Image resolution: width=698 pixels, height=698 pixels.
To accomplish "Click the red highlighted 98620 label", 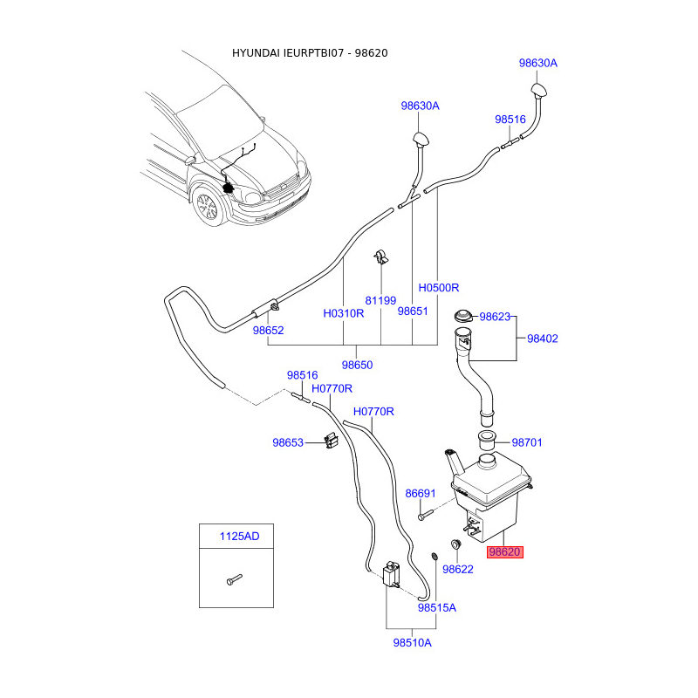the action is [x=505, y=552].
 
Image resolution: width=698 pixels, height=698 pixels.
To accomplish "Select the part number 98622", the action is [x=457, y=570].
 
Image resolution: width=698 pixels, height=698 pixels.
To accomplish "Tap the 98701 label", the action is [x=527, y=442].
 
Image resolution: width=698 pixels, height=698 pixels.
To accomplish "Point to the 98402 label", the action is [x=543, y=339].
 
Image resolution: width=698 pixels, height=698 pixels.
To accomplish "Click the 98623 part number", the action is [x=495, y=317].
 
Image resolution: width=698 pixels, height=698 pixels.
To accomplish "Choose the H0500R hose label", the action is [x=439, y=288].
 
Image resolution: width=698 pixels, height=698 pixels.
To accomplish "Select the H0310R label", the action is [x=343, y=313].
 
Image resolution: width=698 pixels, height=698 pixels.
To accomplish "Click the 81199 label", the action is [x=380, y=300].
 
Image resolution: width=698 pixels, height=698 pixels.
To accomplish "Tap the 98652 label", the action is [x=268, y=331].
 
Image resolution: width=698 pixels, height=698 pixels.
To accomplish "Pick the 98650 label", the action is [x=357, y=365].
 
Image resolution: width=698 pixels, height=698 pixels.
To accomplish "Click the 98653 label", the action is [x=288, y=442].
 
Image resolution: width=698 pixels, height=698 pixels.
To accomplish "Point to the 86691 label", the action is [x=421, y=493].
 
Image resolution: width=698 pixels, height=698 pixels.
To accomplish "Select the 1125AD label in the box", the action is [x=239, y=536].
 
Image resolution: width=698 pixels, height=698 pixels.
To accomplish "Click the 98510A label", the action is [x=412, y=643].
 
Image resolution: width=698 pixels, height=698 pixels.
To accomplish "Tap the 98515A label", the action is [x=437, y=607].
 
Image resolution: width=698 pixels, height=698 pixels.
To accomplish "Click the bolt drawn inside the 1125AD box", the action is [x=234, y=579].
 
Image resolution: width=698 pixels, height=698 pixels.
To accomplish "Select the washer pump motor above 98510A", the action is [x=391, y=574].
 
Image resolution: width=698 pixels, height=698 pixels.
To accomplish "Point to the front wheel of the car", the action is [x=207, y=207].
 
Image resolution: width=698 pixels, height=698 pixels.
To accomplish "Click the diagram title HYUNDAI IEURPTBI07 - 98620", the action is [x=310, y=53].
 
